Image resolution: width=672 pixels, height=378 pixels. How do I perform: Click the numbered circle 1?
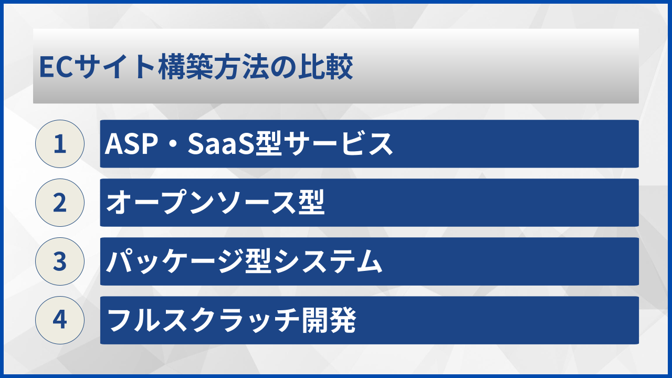coord(60,144)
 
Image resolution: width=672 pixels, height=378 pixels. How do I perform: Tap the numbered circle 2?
coord(60,203)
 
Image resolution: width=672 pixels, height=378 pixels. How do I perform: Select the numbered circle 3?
coord(60,261)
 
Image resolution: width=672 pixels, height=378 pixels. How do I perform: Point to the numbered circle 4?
coord(60,320)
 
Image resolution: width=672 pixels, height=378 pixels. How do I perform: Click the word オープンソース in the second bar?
coord(202,203)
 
